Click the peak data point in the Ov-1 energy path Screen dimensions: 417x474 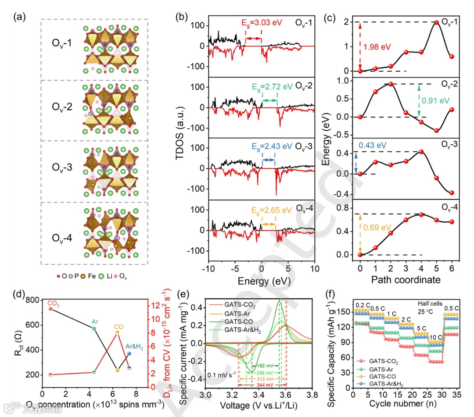tap(436, 22)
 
